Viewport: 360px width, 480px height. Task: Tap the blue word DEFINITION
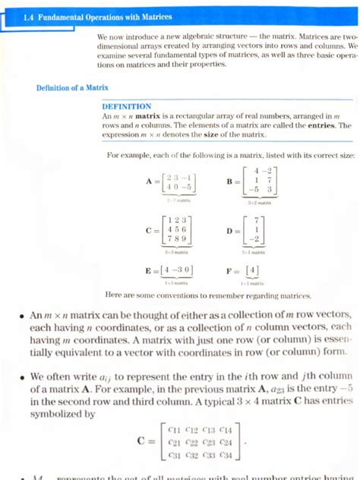pyautogui.click(x=127, y=106)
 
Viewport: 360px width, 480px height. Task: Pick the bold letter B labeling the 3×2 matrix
pyautogui.click(x=229, y=182)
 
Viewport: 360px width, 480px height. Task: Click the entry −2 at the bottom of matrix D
pyautogui.click(x=259, y=239)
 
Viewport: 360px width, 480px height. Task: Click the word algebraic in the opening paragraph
pyautogui.click(x=206, y=36)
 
